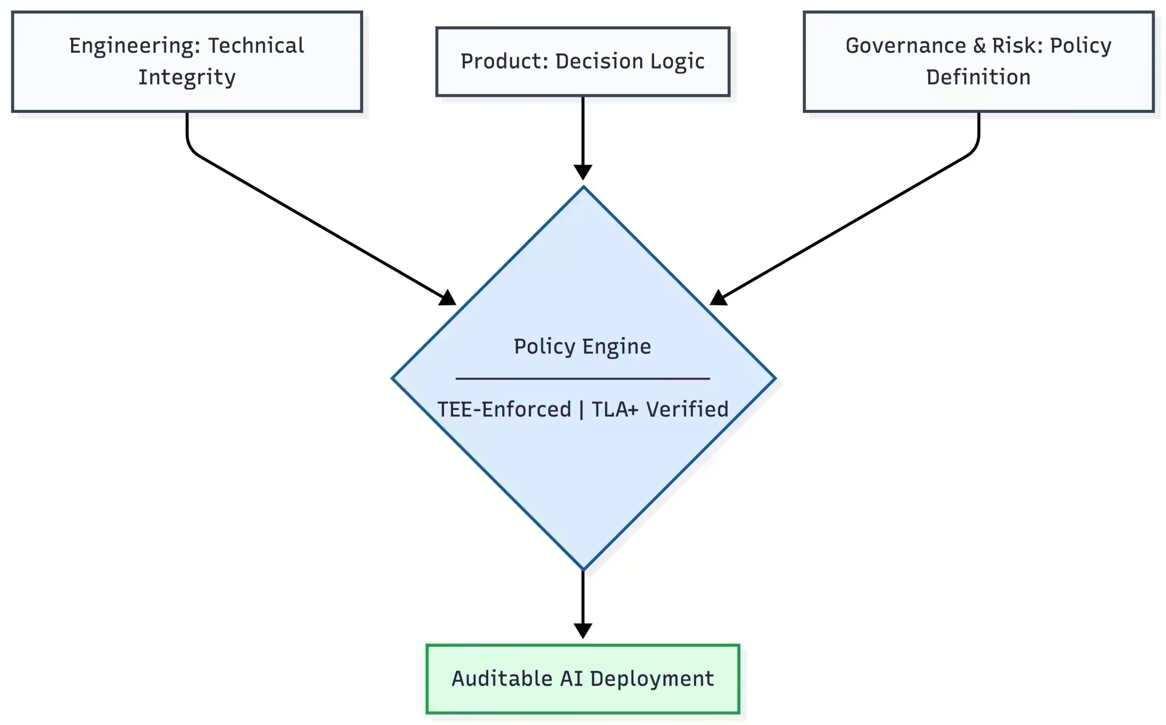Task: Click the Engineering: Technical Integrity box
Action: [187, 61]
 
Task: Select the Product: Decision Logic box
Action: [582, 61]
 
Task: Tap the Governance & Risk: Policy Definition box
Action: [978, 61]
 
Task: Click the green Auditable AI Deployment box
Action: [582, 678]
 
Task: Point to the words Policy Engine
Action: [582, 346]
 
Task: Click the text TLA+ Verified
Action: [660, 409]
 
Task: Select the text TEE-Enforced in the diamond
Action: [504, 409]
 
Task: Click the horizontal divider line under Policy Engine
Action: [582, 378]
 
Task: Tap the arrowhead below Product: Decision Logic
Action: [582, 172]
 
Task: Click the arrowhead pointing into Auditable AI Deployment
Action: [582, 630]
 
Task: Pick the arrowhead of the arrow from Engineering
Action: [448, 298]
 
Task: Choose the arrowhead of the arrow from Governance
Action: [718, 298]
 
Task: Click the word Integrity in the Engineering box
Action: [187, 78]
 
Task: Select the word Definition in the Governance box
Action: [978, 77]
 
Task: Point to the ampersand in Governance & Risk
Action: [979, 46]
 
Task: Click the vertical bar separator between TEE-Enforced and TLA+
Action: [581, 409]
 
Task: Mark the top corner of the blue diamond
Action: [583, 188]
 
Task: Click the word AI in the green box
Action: [571, 678]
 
